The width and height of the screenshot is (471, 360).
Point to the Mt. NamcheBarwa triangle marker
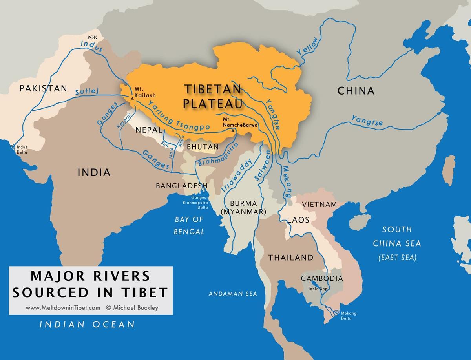pos(233,130)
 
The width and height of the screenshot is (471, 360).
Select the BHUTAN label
pos(202,146)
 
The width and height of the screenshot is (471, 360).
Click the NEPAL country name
pos(149,130)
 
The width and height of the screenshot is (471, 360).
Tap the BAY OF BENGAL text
pos(190,225)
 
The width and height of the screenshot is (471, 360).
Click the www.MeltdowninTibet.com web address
pos(63,308)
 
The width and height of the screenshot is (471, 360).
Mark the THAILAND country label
pos(290,258)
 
